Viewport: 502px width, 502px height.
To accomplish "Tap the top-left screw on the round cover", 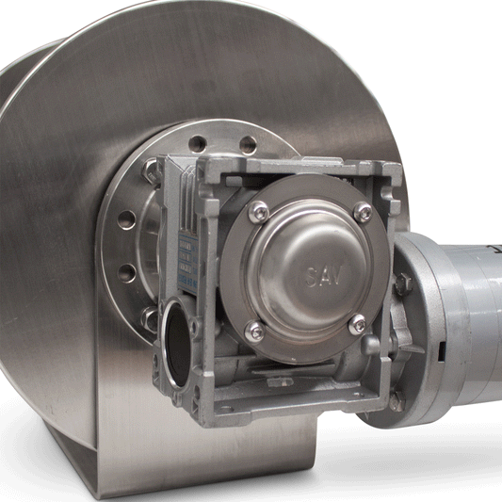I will pyautogui.click(x=257, y=215).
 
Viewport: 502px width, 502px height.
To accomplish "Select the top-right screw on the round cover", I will pyautogui.click(x=363, y=214).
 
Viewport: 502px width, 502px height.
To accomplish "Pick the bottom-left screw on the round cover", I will pyautogui.click(x=254, y=330).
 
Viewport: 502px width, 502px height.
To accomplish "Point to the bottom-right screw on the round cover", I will pyautogui.click(x=357, y=325).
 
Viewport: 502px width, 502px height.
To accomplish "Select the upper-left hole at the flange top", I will pyautogui.click(x=197, y=145).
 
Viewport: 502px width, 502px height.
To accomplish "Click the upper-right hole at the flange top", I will pyautogui.click(x=248, y=145).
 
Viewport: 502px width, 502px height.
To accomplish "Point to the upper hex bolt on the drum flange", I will pyautogui.click(x=151, y=171).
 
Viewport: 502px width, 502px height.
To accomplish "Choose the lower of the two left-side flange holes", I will pyautogui.click(x=125, y=273).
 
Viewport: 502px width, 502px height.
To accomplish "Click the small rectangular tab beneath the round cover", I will pyautogui.click(x=280, y=381).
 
